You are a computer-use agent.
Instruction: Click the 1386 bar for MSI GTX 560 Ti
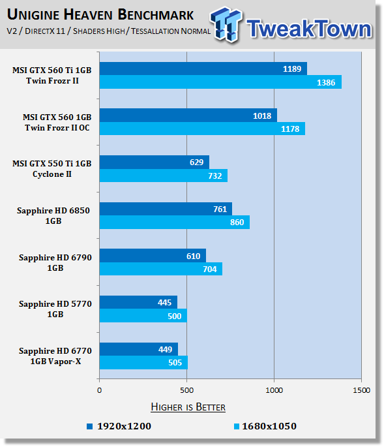pos(220,82)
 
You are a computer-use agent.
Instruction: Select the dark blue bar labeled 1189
pos(203,69)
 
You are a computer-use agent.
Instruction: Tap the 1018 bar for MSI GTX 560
pos(188,116)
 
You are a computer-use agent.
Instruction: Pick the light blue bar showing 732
pos(164,176)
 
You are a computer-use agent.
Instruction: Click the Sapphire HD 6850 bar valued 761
pos(166,209)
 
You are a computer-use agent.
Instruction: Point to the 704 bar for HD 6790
pos(161,269)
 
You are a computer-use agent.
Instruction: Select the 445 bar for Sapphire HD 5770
pos(138,302)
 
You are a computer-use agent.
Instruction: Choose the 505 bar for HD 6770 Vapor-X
pos(143,362)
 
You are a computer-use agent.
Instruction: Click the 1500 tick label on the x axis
pos(361,390)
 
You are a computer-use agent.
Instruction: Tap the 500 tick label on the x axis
pos(186,390)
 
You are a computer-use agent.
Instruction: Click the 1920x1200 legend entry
pos(119,426)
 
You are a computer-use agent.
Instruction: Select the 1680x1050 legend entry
pos(265,426)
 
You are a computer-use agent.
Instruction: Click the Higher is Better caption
pos(188,407)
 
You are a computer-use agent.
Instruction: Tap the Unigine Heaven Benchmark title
pos(100,14)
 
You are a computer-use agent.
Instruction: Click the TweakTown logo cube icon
pos(226,24)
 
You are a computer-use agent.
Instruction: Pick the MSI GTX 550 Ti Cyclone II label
pos(52,169)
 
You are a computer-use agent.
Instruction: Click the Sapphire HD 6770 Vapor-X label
pos(55,356)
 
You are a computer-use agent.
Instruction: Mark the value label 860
pos(237,222)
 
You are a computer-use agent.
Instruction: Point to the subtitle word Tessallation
pos(155,31)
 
